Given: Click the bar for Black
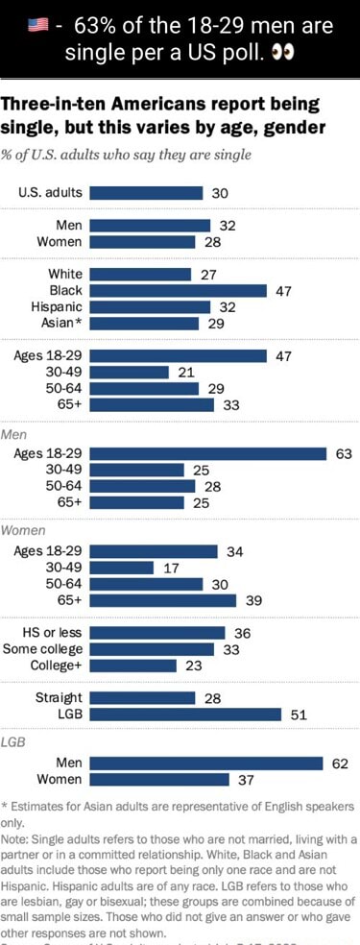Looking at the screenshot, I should click(x=178, y=290).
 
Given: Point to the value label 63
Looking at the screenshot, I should click(x=344, y=453).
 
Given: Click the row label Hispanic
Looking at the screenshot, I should click(x=54, y=307).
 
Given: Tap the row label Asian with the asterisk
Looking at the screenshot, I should click(x=58, y=324).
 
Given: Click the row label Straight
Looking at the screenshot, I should click(x=59, y=697).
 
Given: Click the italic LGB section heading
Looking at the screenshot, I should click(x=13, y=742).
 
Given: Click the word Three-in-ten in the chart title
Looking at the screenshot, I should click(x=53, y=106).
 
